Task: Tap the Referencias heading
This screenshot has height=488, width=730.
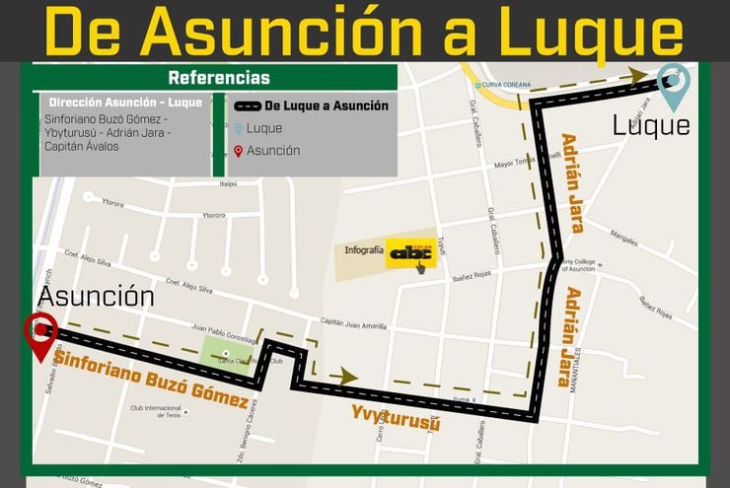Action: [x=218, y=78]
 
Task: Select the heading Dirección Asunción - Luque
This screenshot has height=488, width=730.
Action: [x=125, y=103]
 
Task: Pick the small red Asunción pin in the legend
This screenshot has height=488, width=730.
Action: [x=238, y=151]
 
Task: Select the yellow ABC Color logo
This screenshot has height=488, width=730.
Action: [x=410, y=253]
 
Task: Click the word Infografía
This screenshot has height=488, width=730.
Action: [x=363, y=251]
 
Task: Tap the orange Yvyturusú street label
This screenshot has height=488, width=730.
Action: [x=396, y=417]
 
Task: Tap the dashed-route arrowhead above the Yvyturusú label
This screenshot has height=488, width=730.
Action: [x=345, y=375]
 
